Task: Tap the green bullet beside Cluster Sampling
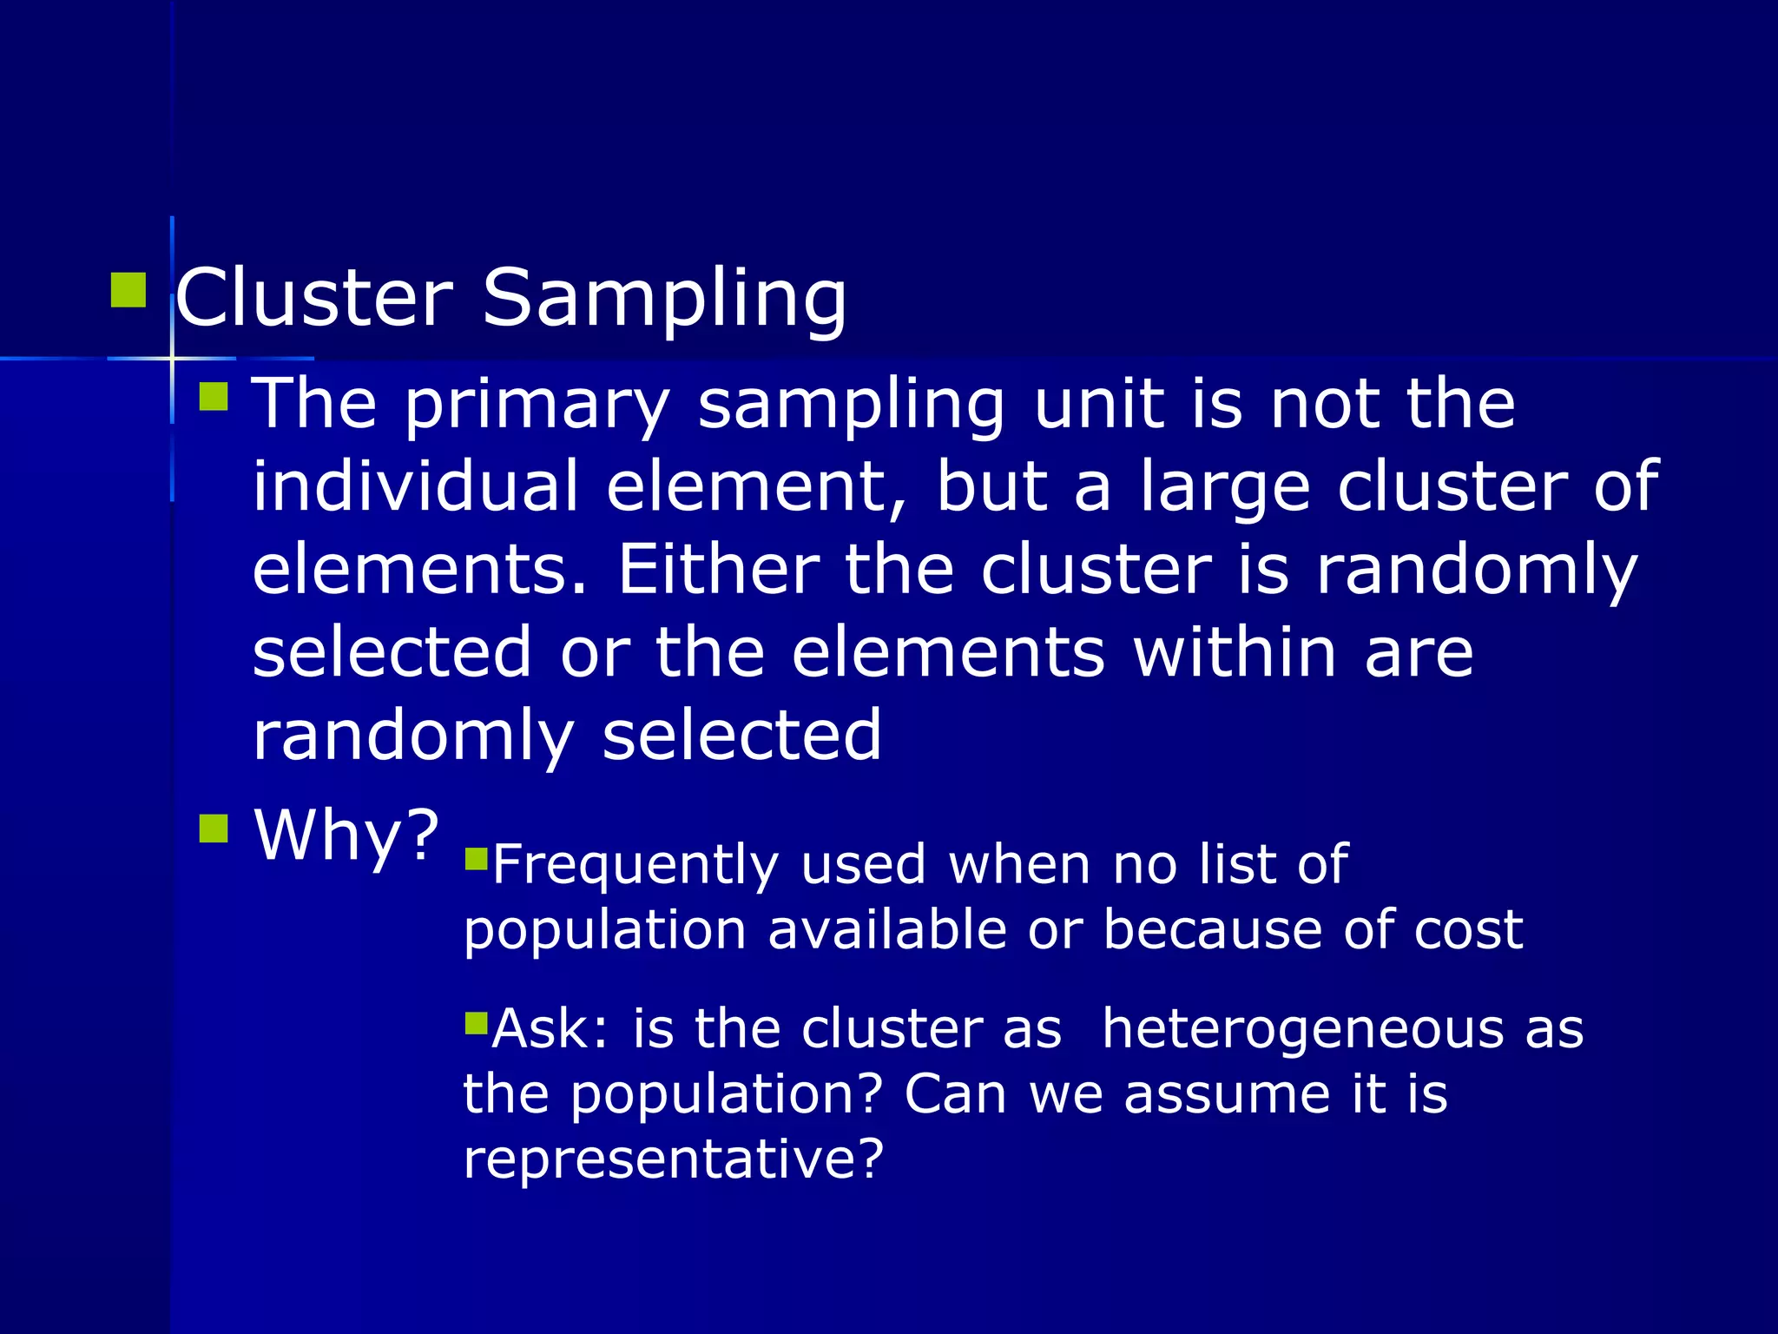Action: click(128, 290)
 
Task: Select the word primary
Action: click(537, 405)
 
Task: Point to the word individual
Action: click(416, 486)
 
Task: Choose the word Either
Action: click(718, 570)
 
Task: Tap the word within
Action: click(1235, 653)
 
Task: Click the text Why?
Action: click(346, 835)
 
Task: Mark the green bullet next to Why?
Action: click(213, 829)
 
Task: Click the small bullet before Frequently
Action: click(477, 859)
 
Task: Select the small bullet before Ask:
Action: click(477, 1022)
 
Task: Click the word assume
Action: click(1227, 1094)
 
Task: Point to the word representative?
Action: click(674, 1159)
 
